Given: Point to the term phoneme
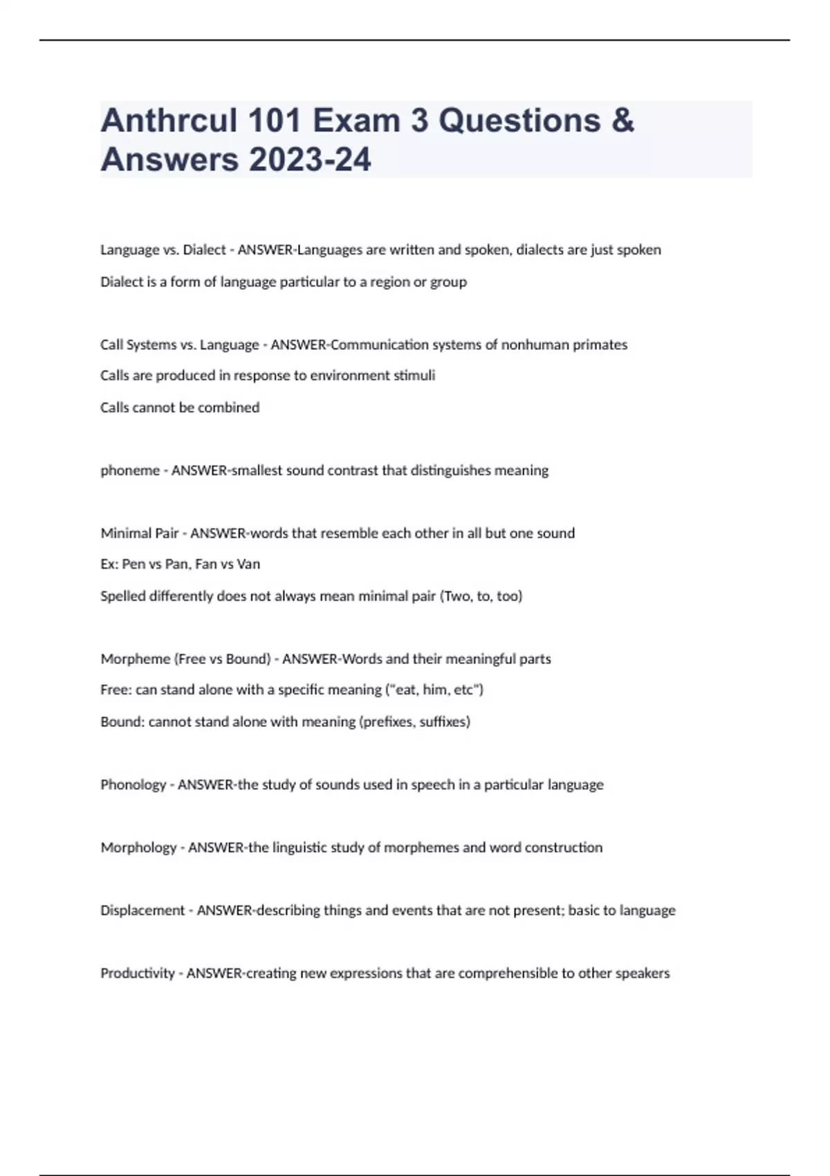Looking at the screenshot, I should [130, 470].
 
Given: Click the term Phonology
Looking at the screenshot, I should [133, 784].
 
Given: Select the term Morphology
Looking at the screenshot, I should [138, 847].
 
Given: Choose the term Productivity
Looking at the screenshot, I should [138, 973].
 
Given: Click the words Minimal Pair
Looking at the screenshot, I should [140, 533].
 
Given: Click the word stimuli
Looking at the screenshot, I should [414, 376].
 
